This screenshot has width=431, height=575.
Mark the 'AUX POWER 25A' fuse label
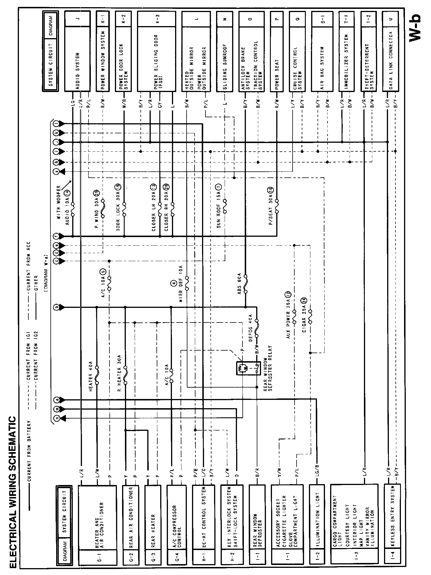288,312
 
